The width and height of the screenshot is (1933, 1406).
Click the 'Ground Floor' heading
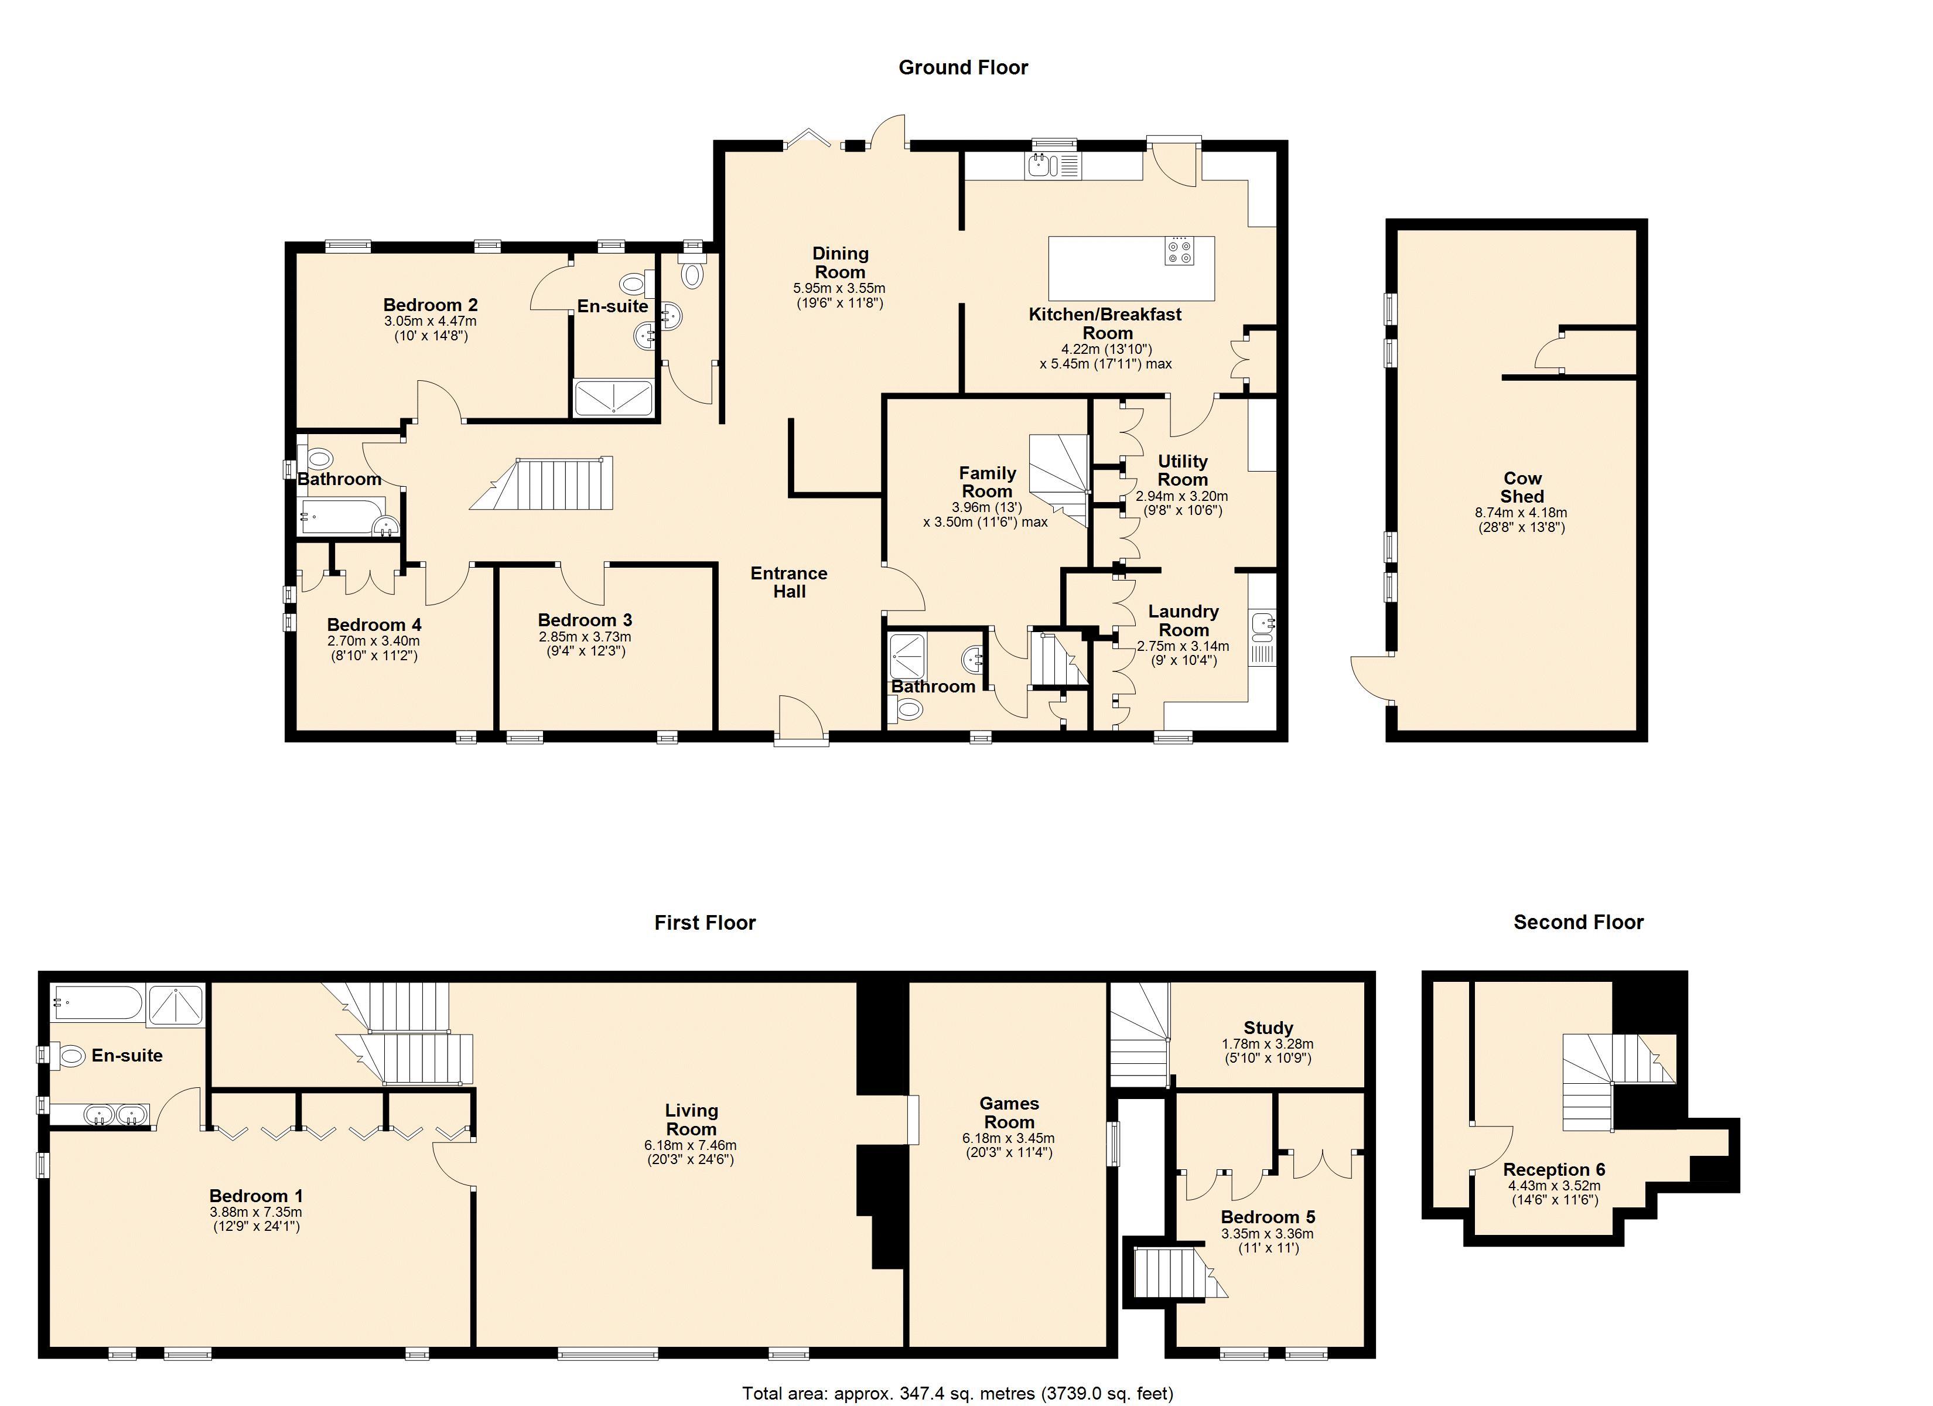(x=963, y=67)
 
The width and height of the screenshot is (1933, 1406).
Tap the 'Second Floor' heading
(x=1579, y=922)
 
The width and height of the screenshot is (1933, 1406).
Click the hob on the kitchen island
(x=1180, y=251)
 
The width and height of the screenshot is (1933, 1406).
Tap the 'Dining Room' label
(x=841, y=262)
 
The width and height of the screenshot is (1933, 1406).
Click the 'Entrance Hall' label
(x=789, y=582)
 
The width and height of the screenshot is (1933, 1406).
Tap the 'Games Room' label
(x=1009, y=1112)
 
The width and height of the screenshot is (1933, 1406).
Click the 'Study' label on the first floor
(x=1268, y=1028)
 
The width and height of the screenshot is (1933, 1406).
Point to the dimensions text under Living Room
(x=691, y=1152)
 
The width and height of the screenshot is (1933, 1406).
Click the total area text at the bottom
(x=958, y=1393)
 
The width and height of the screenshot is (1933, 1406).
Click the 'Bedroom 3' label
(x=585, y=620)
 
